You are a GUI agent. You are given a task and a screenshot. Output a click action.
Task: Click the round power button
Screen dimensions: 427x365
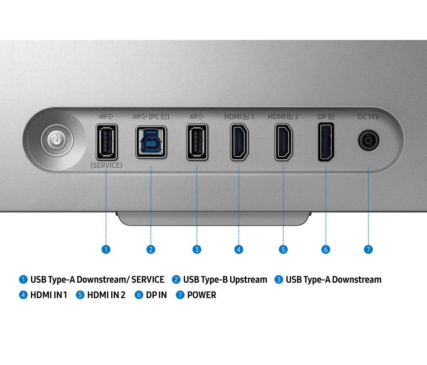57,140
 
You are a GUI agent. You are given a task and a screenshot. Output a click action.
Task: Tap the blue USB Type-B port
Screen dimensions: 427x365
151,142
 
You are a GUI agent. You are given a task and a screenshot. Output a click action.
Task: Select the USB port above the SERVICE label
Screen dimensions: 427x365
107,142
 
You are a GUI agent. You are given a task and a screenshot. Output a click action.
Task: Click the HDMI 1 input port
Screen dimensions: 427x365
239,142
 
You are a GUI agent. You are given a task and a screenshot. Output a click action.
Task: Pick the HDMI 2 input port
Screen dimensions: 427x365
284,142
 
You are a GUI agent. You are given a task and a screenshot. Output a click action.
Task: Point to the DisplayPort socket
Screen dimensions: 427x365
326,142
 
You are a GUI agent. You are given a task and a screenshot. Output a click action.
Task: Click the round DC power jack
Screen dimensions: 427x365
369,141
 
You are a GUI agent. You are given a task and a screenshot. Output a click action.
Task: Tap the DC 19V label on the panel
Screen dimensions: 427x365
369,117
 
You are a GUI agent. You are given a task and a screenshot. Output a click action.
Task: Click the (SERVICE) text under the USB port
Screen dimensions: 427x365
106,165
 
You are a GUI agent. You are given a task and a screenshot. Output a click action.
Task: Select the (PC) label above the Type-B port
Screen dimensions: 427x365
159,117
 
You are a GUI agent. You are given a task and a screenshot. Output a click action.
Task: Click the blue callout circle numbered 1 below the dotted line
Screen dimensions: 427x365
106,250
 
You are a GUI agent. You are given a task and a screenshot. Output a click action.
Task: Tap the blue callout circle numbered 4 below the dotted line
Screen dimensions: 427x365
239,250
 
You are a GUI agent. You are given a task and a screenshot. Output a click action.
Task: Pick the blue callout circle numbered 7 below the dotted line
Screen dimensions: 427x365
368,250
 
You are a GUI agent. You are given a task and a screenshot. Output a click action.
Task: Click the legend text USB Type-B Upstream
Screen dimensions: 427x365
225,279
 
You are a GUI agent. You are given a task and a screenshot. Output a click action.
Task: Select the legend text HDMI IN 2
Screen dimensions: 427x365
106,295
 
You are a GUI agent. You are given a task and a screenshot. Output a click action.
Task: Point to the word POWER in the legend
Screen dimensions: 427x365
202,295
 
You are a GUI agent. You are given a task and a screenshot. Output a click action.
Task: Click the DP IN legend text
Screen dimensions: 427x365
156,295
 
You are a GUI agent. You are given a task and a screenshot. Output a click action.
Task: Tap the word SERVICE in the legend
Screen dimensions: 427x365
148,279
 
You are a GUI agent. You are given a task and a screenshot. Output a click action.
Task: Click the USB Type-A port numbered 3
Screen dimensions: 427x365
197,142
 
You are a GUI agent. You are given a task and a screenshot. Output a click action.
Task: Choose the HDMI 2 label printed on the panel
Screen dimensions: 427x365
283,117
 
